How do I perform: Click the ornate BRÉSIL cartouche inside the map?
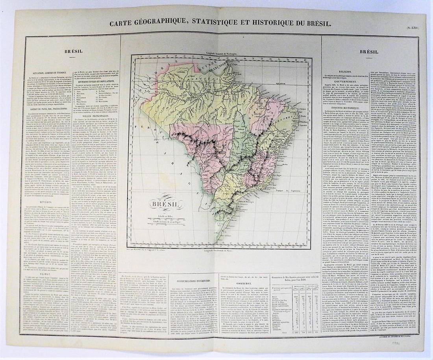(x=165, y=204)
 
